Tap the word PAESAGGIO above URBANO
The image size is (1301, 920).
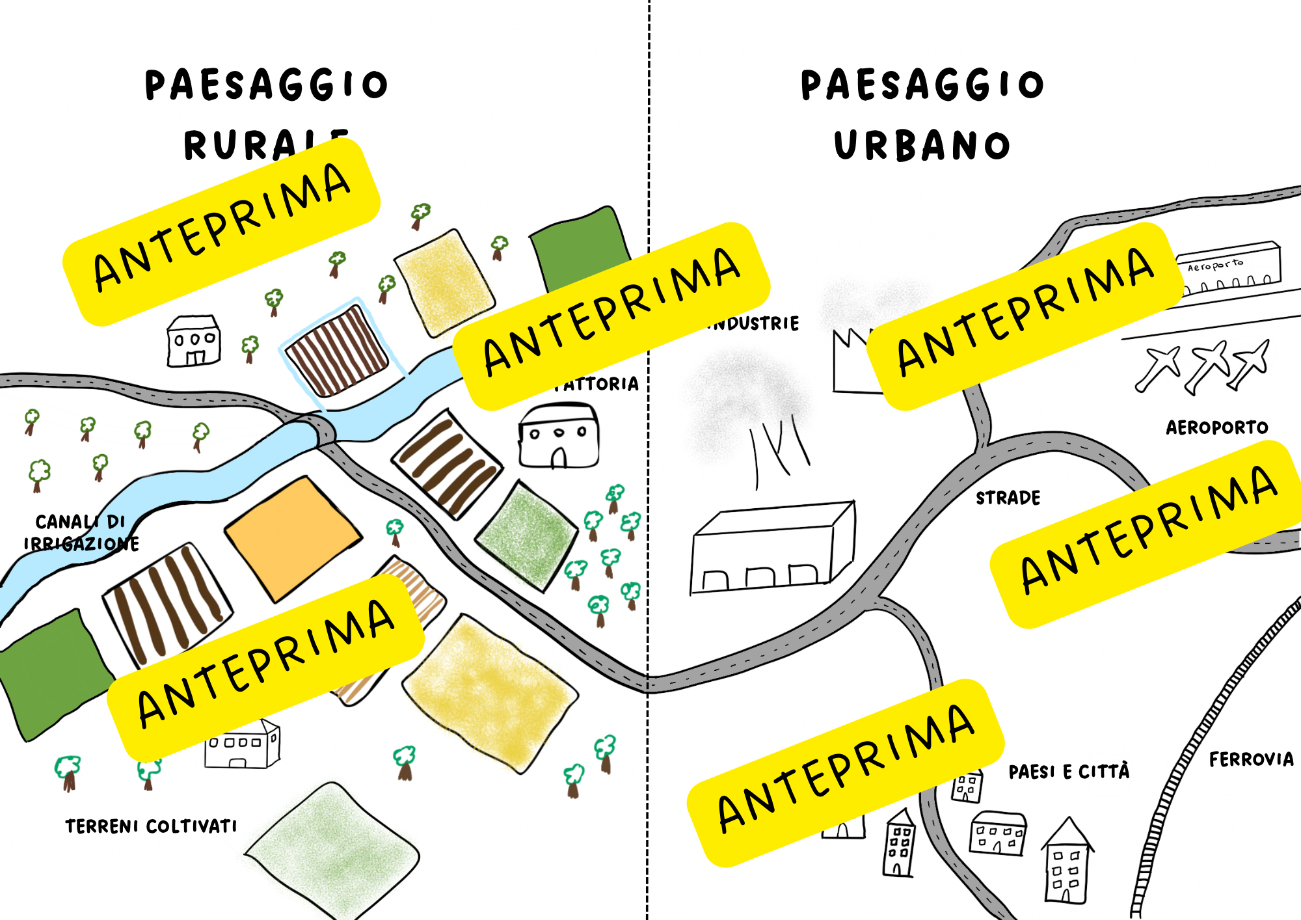point(922,85)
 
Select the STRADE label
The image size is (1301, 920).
point(1008,498)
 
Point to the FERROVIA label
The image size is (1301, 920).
point(1251,759)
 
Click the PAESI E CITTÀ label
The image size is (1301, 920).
point(1069,772)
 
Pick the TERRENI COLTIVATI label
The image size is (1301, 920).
point(151,826)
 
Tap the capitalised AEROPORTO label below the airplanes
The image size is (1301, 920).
point(1216,427)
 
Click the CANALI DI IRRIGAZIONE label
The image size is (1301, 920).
point(81,533)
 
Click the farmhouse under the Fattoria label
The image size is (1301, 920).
point(558,436)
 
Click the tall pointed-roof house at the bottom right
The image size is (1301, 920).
point(1067,862)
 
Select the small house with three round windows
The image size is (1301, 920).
point(194,342)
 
